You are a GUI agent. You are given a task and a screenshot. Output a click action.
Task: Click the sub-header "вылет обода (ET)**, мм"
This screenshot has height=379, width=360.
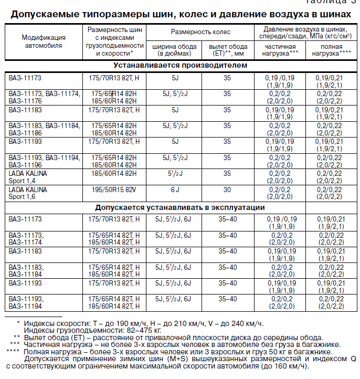pos(227,50)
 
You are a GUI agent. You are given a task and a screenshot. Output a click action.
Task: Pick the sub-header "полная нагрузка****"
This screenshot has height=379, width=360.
pos(331,50)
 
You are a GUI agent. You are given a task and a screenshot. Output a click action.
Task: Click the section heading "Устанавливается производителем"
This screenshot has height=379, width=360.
pos(181,66)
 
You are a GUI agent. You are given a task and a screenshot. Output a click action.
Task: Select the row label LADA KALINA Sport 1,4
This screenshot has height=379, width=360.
pos(28,177)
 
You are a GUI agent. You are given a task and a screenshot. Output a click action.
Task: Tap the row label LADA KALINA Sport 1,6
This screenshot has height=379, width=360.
pos(28,193)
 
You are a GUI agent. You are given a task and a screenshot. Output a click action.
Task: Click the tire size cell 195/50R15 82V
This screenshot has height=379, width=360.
pos(114,189)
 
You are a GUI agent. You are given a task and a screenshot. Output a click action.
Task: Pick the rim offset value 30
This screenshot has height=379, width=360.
pos(227,189)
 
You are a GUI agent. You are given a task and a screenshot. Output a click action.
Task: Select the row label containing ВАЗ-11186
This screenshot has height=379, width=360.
pos(44,129)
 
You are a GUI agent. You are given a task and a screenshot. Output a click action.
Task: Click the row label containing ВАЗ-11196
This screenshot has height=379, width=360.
pos(44,161)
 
